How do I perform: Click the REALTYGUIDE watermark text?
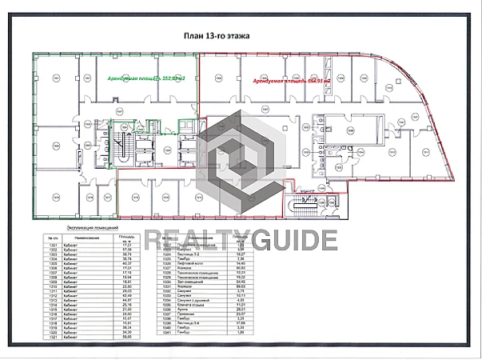point(241,238)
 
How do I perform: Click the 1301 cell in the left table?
point(54,246)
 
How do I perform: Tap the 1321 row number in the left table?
point(54,337)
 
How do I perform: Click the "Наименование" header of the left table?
point(87,238)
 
